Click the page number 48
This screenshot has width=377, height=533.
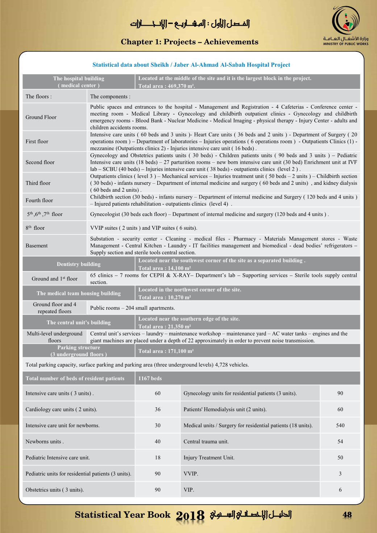(x=347, y=515)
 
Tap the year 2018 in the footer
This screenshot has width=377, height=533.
(x=190, y=515)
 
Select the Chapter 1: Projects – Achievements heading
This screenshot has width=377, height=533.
(x=189, y=42)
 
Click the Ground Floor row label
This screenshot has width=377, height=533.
(x=41, y=117)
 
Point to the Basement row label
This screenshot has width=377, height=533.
(x=37, y=246)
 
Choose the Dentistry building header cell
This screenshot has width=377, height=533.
(x=79, y=264)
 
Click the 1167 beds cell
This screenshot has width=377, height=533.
(x=150, y=378)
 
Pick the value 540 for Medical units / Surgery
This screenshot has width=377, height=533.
(x=340, y=425)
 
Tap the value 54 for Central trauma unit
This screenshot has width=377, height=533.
(x=340, y=441)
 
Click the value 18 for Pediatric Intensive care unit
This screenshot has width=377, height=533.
(x=158, y=458)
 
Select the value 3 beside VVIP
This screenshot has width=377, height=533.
(x=340, y=474)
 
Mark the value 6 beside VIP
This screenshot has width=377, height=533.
(x=340, y=490)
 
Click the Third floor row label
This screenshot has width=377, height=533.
(x=38, y=183)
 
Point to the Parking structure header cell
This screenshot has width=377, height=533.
(x=79, y=351)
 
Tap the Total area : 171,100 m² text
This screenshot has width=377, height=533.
(x=166, y=351)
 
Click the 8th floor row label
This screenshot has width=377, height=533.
(x=35, y=228)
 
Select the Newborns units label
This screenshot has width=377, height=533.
(x=44, y=442)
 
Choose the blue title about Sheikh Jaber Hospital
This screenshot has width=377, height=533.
(x=191, y=65)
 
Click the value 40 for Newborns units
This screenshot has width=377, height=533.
(x=158, y=441)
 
